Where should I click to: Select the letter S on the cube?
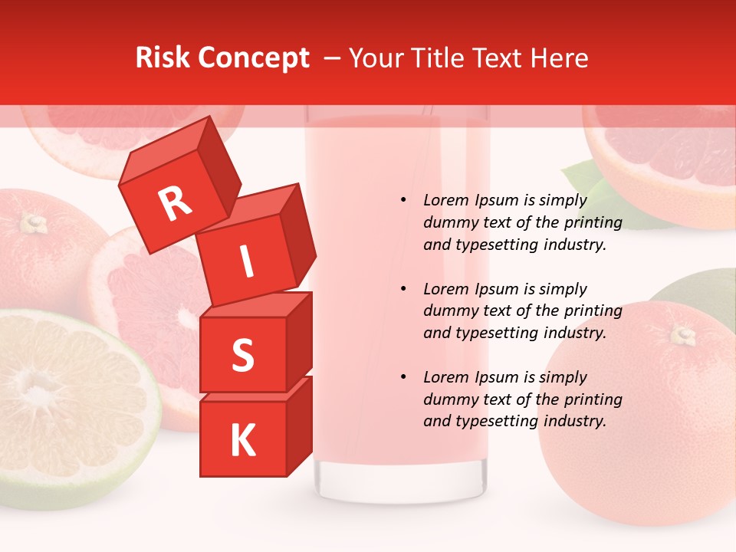pyautogui.click(x=242, y=356)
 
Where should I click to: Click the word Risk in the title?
pyautogui.click(x=163, y=58)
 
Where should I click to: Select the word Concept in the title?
pyautogui.click(x=254, y=58)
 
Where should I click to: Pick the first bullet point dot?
pyautogui.click(x=402, y=201)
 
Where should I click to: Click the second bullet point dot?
pyautogui.click(x=402, y=289)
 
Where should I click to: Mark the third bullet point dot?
pyautogui.click(x=402, y=377)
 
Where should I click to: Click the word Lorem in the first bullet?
pyautogui.click(x=446, y=201)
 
